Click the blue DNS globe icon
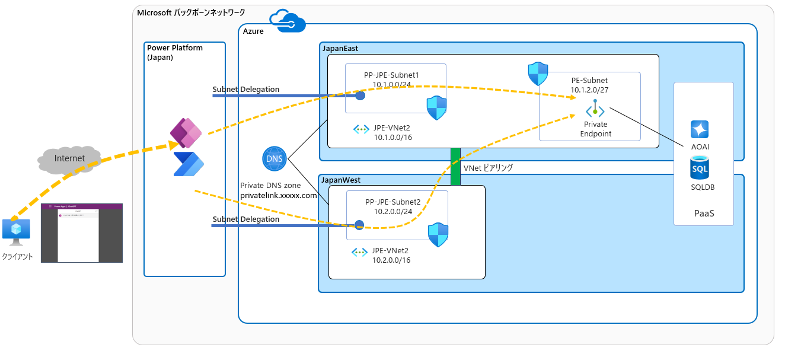[275, 159]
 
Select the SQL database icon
[700, 168]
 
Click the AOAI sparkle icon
[700, 129]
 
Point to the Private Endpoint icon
[595, 110]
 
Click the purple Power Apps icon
[186, 132]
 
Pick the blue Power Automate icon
[188, 164]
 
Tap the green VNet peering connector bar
[455, 166]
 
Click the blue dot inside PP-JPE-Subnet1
[360, 95]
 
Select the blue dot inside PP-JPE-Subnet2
[359, 225]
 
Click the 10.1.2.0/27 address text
[589, 90]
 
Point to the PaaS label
[704, 212]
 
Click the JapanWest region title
[341, 180]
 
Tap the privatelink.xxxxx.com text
[279, 195]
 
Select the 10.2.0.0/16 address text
[391, 260]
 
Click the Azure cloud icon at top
[287, 21]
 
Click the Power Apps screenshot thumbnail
[82, 233]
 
